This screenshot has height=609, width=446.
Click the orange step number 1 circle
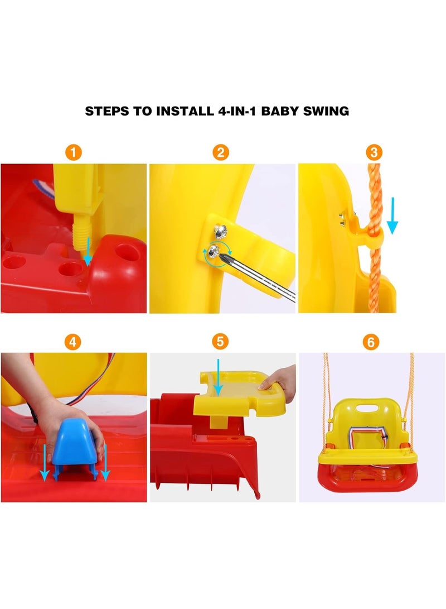click(x=73, y=152)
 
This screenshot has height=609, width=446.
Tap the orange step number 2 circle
click(x=221, y=152)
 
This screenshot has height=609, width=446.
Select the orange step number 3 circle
click(x=374, y=152)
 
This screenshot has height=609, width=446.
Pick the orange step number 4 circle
click(x=72, y=342)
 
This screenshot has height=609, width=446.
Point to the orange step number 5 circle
click(x=220, y=342)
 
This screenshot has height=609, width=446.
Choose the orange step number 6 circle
click(x=371, y=342)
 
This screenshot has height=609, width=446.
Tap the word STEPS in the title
click(x=107, y=111)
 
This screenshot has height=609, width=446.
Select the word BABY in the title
click(x=280, y=111)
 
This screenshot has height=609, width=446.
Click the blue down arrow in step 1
click(x=89, y=251)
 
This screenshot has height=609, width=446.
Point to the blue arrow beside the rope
click(x=392, y=215)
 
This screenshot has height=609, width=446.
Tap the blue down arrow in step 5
click(x=219, y=377)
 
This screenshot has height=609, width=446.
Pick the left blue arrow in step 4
click(x=45, y=462)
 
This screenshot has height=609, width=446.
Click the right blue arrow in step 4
click(x=105, y=462)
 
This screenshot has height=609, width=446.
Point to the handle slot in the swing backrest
click(x=367, y=409)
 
